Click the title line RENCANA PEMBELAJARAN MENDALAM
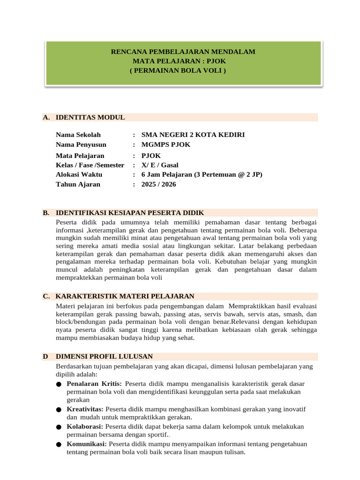pyautogui.click(x=183, y=52)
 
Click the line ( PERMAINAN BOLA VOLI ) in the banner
pyautogui.click(x=178, y=70)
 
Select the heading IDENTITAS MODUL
pyautogui.click(x=90, y=117)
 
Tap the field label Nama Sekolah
pyautogui.click(x=78, y=135)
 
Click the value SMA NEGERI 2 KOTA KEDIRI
pyautogui.click(x=193, y=135)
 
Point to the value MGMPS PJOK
pyautogui.click(x=165, y=144)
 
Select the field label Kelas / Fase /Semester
pyautogui.click(x=90, y=165)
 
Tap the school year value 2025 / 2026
pyautogui.click(x=158, y=184)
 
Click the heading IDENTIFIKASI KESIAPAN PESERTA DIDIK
pyautogui.click(x=129, y=213)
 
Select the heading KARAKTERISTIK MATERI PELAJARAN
pyautogui.click(x=125, y=296)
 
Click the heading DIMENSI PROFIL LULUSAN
pyautogui.click(x=104, y=356)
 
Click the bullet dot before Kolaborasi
pyautogui.click(x=58, y=427)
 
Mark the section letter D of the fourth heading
pyautogui.click(x=45, y=356)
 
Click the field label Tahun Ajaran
pyautogui.click(x=78, y=184)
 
